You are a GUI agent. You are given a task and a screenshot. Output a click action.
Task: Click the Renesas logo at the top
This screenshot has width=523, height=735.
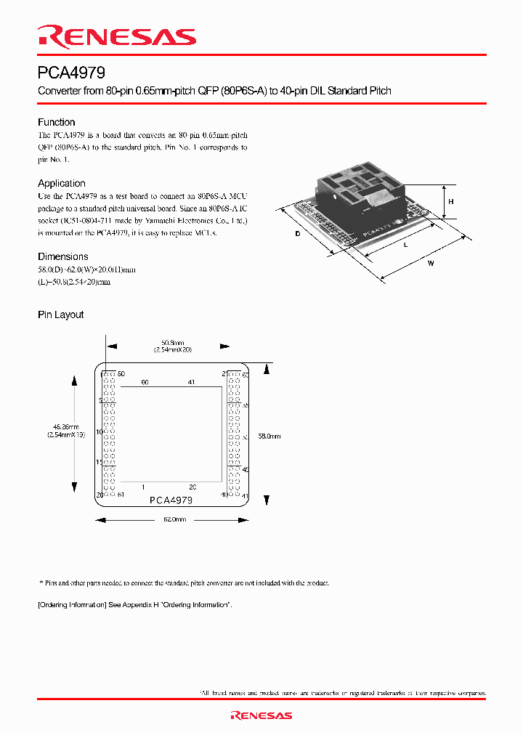(x=117, y=37)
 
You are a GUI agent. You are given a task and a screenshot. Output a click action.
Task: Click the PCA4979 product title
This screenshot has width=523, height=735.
(x=72, y=73)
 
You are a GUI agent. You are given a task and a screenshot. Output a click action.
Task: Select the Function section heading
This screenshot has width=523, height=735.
(x=56, y=122)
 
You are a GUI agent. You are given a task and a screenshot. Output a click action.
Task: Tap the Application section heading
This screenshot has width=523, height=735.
(x=61, y=184)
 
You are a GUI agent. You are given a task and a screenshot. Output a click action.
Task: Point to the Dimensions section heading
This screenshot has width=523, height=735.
(x=62, y=256)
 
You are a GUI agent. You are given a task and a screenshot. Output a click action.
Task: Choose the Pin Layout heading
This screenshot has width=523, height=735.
(x=60, y=314)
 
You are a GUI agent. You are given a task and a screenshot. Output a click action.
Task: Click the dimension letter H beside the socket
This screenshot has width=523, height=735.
(x=451, y=202)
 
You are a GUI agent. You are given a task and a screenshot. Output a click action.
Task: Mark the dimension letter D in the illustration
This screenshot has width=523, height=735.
(x=298, y=234)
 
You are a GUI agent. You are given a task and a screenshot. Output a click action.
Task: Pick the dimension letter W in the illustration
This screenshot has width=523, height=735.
(x=431, y=264)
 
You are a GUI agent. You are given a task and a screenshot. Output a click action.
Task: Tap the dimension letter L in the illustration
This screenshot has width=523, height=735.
(x=405, y=244)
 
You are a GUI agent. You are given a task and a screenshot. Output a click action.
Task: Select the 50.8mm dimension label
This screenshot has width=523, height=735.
(x=172, y=343)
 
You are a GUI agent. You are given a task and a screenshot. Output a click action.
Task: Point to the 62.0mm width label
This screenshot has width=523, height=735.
(x=174, y=519)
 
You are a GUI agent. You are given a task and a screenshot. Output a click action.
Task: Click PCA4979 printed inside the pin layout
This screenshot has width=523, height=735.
(x=171, y=500)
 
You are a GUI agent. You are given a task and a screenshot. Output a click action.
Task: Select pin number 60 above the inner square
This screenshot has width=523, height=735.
(x=145, y=382)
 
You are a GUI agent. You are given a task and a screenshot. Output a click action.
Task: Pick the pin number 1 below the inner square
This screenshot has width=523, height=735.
(x=143, y=487)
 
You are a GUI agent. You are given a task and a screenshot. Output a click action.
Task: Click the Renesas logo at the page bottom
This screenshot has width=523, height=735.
(x=261, y=715)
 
